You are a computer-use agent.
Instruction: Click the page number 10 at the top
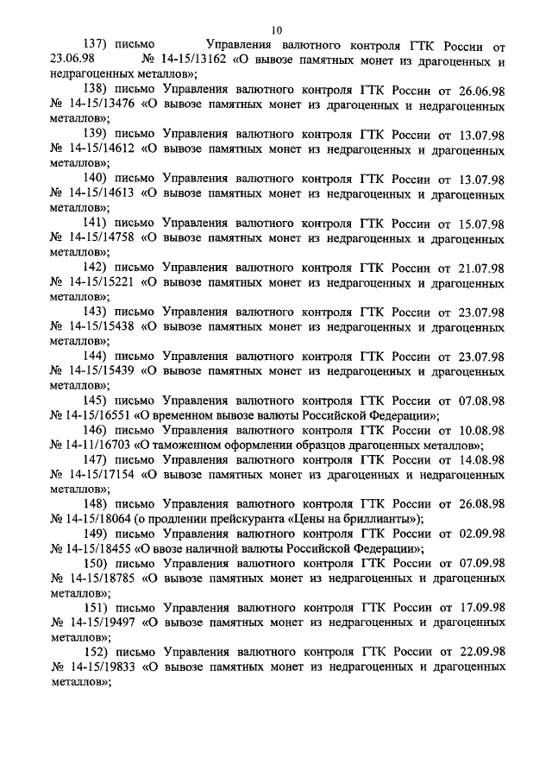(x=276, y=28)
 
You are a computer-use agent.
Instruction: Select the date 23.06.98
(x=72, y=61)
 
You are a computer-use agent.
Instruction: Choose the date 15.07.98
(x=478, y=222)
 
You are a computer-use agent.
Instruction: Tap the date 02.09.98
(x=478, y=534)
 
